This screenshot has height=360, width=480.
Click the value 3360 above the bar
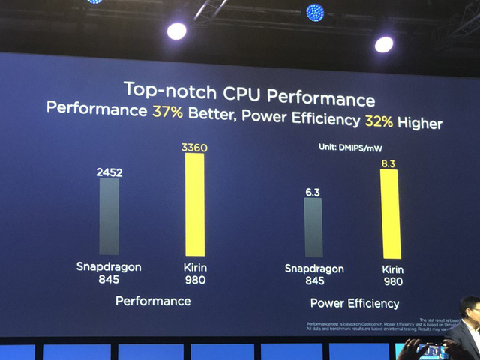pyautogui.click(x=194, y=148)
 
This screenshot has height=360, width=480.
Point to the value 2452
pyautogui.click(x=109, y=172)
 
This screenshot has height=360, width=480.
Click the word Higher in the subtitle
pyautogui.click(x=420, y=123)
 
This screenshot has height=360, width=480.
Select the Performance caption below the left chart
pyautogui.click(x=153, y=301)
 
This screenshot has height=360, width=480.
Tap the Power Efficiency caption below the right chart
pyautogui.click(x=355, y=304)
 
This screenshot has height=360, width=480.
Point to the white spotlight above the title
pyautogui.click(x=176, y=31)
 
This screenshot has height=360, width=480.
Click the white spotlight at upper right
pyautogui.click(x=384, y=44)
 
